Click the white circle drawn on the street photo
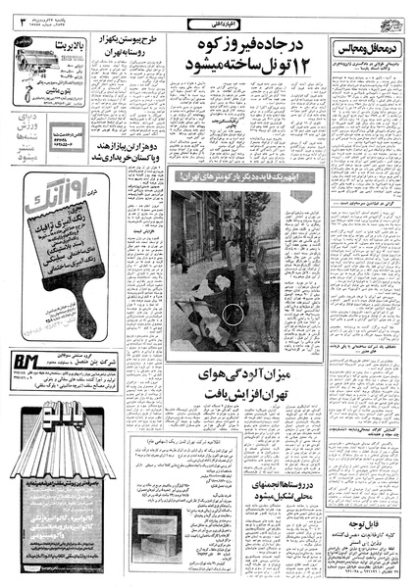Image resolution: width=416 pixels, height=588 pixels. coord(233,317)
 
